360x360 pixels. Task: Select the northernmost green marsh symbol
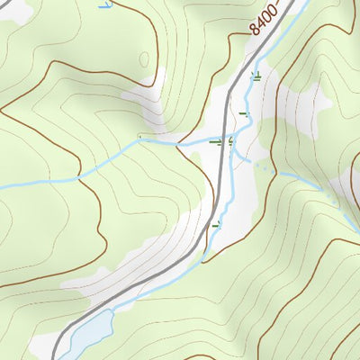pyautogui.click(x=257, y=76)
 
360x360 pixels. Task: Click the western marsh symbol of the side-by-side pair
pyautogui.click(x=215, y=141)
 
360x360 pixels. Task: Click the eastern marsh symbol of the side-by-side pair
pyautogui.click(x=231, y=141)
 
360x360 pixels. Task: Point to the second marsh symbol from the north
pyautogui.click(x=242, y=113)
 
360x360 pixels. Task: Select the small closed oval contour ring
pyautogui.click(x=144, y=58)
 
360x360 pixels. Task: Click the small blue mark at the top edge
pyautogui.click(x=105, y=4)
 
